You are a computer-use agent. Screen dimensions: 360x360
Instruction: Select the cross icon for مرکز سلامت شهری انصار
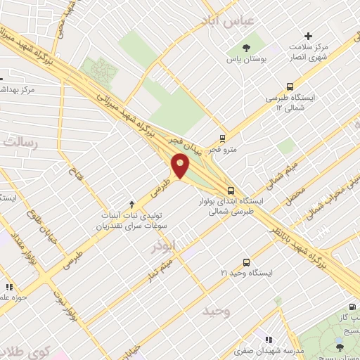click(308, 36)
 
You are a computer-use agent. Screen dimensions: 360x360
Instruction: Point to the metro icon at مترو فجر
click(223, 138)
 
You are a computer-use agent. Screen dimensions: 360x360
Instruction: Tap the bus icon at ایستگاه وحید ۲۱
click(246, 262)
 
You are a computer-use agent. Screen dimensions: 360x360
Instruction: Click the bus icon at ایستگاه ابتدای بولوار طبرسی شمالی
click(231, 191)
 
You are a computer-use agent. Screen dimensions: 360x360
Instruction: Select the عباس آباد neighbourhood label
click(226, 21)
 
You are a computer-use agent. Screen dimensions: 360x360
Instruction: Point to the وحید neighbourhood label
click(217, 311)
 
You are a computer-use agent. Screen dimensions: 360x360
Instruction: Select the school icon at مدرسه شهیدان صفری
click(269, 340)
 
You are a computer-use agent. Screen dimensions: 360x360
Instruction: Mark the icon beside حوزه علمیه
click(9, 287)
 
